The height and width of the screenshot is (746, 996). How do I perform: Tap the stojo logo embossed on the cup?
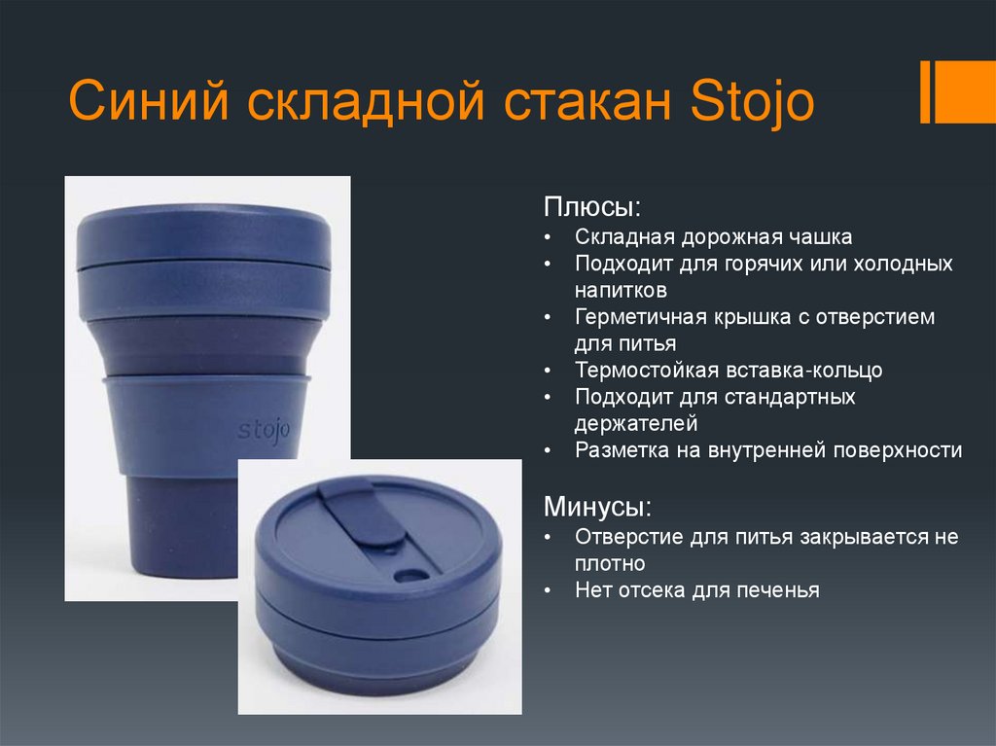264,429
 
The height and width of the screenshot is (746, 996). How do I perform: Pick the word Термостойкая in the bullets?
646,371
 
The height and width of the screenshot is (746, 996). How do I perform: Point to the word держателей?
636,423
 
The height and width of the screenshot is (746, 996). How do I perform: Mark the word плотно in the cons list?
610,563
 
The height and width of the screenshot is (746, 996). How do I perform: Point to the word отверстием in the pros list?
879,317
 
